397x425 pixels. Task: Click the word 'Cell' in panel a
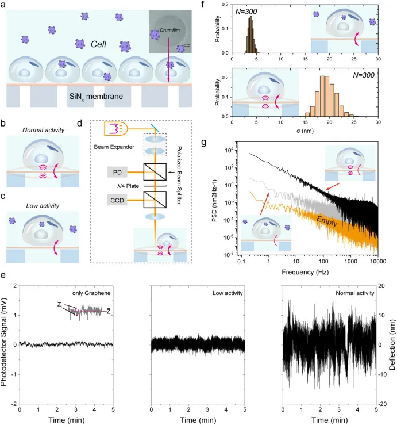(84, 44)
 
